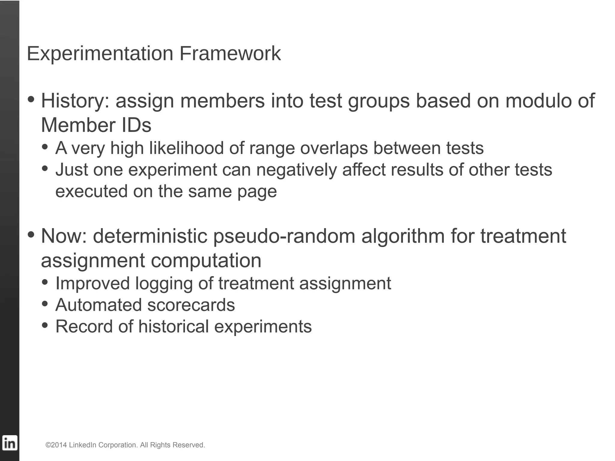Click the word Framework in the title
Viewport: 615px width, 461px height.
[x=230, y=54]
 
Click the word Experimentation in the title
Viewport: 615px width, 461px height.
[x=100, y=54]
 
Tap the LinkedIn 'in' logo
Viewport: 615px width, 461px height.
[x=10, y=443]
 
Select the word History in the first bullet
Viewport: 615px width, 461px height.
[x=75, y=101]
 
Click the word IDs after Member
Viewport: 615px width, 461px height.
[x=136, y=125]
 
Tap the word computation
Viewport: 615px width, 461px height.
[x=206, y=261]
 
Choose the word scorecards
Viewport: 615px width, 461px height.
[x=191, y=305]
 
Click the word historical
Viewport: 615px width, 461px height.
[x=173, y=327]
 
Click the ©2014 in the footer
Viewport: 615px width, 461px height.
[x=56, y=445]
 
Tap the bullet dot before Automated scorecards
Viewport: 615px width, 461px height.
[x=45, y=303]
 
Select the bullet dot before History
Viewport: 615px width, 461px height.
[x=31, y=99]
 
